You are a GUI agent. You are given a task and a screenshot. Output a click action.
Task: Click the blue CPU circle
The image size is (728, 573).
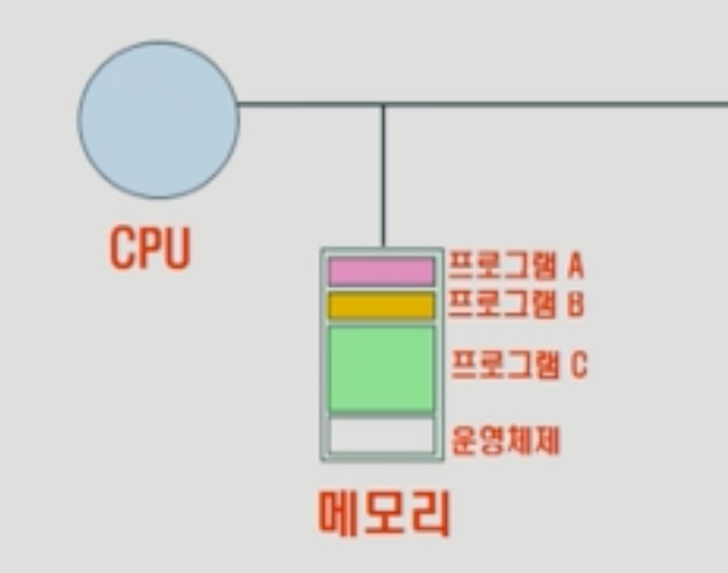[158, 119]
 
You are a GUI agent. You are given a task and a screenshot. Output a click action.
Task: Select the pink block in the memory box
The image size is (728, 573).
[381, 271]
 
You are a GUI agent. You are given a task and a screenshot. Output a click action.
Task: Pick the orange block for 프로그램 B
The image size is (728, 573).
[381, 305]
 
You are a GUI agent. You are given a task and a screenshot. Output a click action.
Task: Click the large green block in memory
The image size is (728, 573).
[381, 368]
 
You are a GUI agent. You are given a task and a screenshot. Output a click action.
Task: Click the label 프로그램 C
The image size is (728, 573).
[518, 366]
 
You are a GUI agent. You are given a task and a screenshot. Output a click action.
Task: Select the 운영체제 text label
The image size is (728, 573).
[505, 441]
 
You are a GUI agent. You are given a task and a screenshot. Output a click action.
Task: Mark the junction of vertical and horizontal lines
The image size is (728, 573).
[383, 104]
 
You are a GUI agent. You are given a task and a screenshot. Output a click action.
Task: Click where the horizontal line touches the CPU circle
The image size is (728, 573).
[238, 104]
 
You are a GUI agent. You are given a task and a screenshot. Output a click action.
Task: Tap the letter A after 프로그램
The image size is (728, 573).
[575, 267]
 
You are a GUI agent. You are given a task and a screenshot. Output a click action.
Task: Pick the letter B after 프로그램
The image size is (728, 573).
[575, 305]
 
